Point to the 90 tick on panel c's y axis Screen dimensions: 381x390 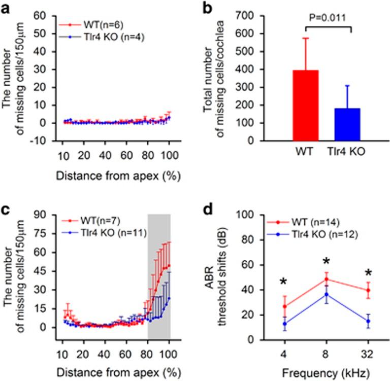pyautogui.click(x=41, y=215)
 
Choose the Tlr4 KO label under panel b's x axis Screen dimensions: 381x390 pyautogui.click(x=346, y=153)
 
